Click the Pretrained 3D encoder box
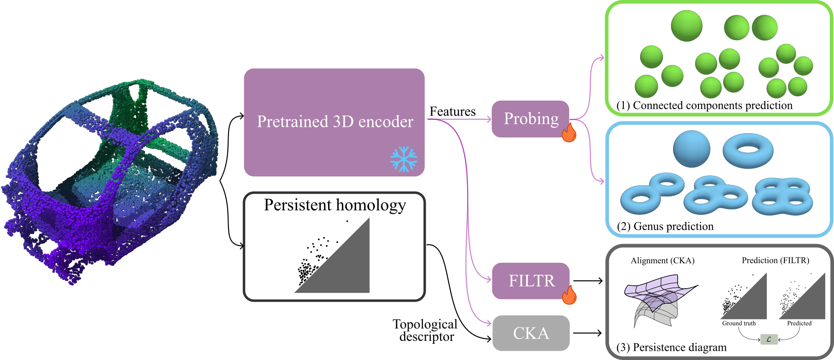(334, 122)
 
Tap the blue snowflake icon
(403, 159)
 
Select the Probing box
(530, 119)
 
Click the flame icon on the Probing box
(569, 132)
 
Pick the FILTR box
(530, 281)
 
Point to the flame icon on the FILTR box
(569, 295)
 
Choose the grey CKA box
(531, 333)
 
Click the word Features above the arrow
(452, 111)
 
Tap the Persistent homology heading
(334, 205)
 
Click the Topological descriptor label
(425, 330)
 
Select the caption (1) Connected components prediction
(704, 105)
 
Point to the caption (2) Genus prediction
(665, 226)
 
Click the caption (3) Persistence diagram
(671, 347)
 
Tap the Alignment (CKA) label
(662, 260)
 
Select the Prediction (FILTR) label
(775, 260)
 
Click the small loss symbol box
(769, 339)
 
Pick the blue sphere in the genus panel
(691, 149)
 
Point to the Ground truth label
(739, 323)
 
